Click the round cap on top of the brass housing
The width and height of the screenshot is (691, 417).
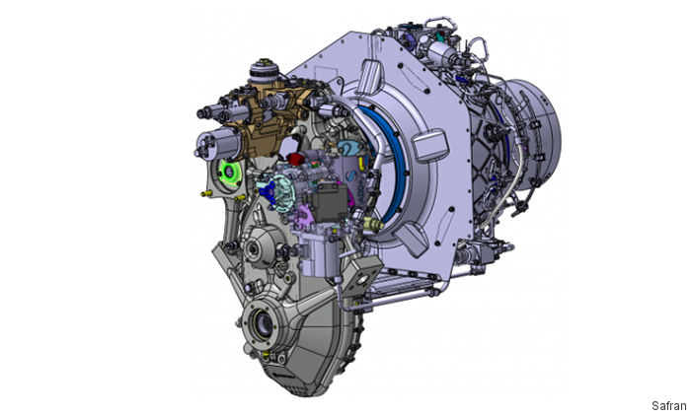[x=264, y=71]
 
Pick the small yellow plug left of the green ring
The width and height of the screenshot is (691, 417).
[x=203, y=194]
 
